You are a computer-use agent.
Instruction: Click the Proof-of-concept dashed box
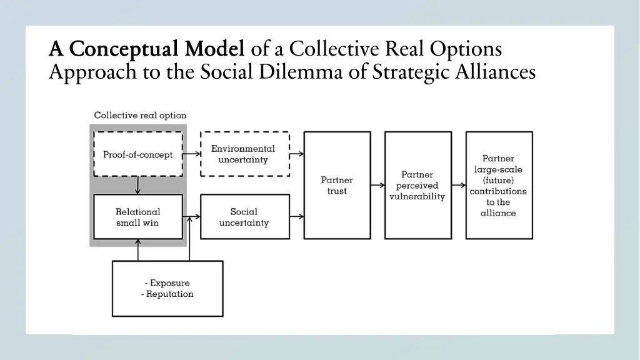click(x=137, y=154)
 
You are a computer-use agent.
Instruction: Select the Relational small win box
click(x=137, y=217)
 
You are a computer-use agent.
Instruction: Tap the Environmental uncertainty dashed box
click(x=244, y=154)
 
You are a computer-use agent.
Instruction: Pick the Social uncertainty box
click(x=244, y=217)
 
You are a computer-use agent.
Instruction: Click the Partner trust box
click(x=337, y=185)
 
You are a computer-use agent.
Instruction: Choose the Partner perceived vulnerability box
click(x=417, y=185)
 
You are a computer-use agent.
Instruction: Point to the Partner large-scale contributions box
click(x=499, y=185)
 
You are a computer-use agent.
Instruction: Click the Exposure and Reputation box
click(x=167, y=288)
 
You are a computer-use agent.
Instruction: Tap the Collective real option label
click(x=140, y=116)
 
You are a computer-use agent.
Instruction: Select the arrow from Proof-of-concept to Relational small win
click(x=137, y=186)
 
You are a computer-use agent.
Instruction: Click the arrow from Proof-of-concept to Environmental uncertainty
click(x=191, y=154)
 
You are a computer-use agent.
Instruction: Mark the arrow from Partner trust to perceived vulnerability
click(x=377, y=185)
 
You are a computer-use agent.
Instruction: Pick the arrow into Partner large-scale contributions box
click(x=459, y=185)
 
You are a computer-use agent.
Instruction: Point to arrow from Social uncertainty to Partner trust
click(x=297, y=217)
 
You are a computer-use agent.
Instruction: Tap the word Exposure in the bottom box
click(x=170, y=283)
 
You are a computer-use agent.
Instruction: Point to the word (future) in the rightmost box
click(x=498, y=180)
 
